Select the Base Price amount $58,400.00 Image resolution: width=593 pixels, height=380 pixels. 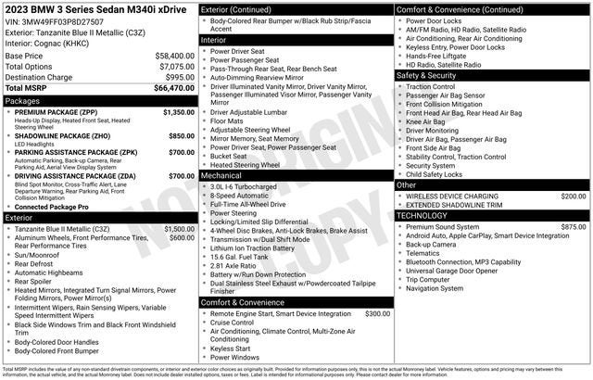click(x=174, y=56)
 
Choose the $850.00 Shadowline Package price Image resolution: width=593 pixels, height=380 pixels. click(x=181, y=135)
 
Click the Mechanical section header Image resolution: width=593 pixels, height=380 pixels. click(x=221, y=174)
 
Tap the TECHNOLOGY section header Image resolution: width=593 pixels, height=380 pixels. click(x=423, y=215)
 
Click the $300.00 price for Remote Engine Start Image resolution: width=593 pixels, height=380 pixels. click(x=377, y=314)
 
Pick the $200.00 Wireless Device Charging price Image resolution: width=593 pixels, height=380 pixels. click(x=573, y=196)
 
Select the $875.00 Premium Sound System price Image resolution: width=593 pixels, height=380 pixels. click(x=573, y=226)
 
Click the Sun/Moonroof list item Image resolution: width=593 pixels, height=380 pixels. click(x=40, y=254)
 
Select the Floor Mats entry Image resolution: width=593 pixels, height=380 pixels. click(x=227, y=120)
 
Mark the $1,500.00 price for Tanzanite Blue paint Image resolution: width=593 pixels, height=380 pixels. click(x=179, y=228)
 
